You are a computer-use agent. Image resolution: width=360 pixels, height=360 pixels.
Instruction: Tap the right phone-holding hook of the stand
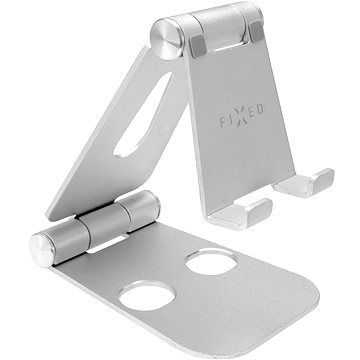316,184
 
